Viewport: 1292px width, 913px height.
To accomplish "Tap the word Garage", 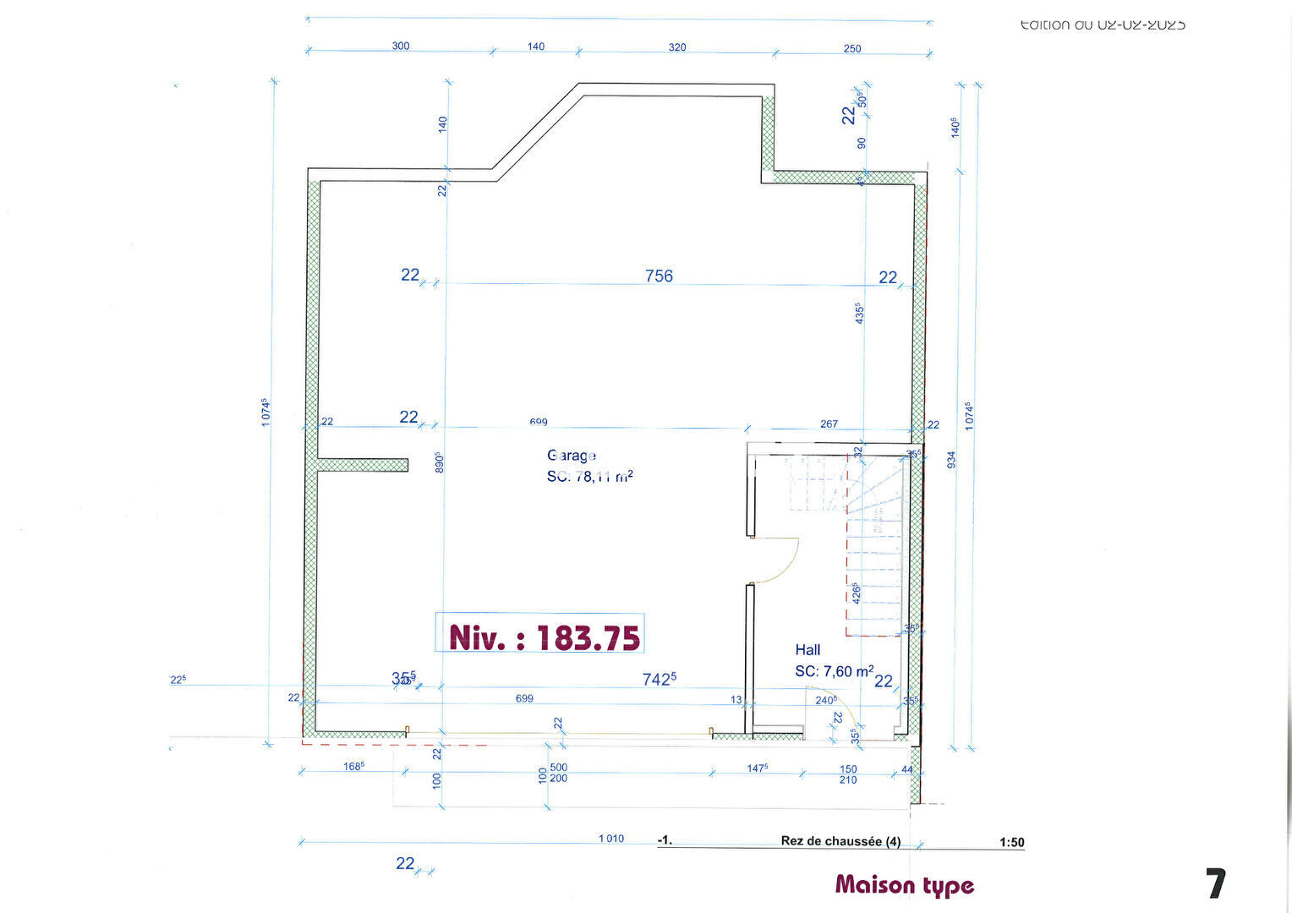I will pyautogui.click(x=572, y=456).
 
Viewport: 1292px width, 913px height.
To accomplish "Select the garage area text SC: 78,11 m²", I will pyautogui.click(x=589, y=477).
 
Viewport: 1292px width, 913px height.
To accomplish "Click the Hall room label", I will pyautogui.click(x=807, y=650).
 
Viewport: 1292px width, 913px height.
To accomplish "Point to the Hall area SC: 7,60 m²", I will pyautogui.click(x=833, y=671).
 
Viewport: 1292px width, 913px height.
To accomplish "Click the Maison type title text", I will pyautogui.click(x=904, y=885).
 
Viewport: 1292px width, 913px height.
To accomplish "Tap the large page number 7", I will pyautogui.click(x=1215, y=884).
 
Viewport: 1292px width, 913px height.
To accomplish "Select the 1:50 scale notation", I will pyautogui.click(x=1011, y=842).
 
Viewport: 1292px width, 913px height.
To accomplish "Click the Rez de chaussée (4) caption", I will pyautogui.click(x=840, y=841).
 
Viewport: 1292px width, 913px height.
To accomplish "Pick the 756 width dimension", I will pyautogui.click(x=659, y=276).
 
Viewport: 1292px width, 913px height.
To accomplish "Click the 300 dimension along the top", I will pyautogui.click(x=401, y=46).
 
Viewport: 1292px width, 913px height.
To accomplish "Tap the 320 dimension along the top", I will pyautogui.click(x=677, y=47).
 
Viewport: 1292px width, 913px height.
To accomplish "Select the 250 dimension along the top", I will pyautogui.click(x=852, y=48).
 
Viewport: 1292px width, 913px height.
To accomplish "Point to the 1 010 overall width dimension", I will pyautogui.click(x=610, y=839).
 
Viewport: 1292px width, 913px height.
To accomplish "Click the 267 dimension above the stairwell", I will pyautogui.click(x=829, y=424).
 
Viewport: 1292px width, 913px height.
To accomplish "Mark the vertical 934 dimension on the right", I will pyautogui.click(x=951, y=460).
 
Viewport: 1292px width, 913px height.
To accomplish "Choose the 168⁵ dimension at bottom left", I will pyautogui.click(x=353, y=766).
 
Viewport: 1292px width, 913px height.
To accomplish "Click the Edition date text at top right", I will pyautogui.click(x=1103, y=25).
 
